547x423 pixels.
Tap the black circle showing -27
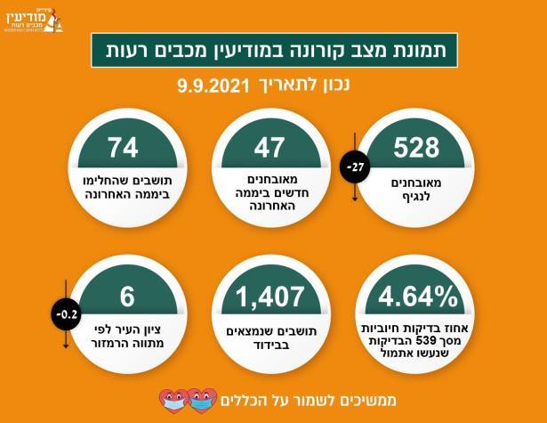pos(356,167)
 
